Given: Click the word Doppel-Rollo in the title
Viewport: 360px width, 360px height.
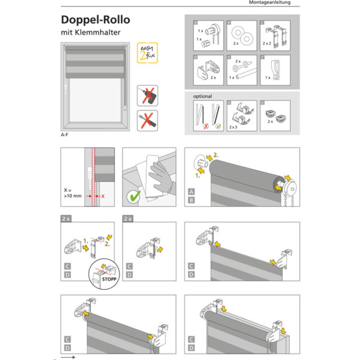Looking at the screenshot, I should [95, 20].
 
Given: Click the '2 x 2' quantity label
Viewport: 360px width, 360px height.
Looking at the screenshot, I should [268, 44].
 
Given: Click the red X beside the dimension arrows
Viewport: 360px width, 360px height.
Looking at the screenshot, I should [103, 196].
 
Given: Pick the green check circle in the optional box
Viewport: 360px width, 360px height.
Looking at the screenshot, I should [216, 127].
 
